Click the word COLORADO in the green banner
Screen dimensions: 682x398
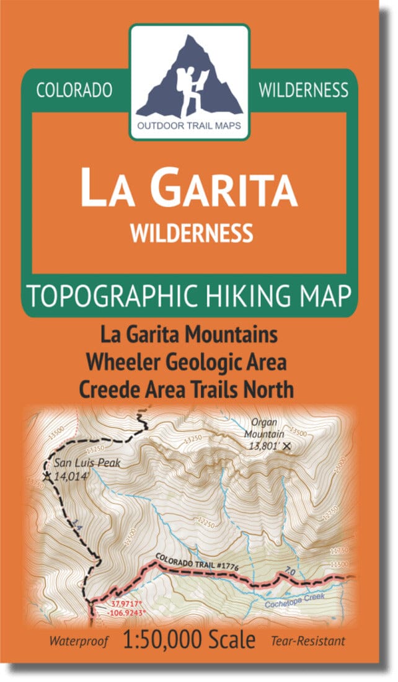tap(74, 90)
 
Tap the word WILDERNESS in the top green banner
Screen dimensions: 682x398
tap(303, 90)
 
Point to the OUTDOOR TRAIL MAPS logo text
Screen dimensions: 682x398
tap(189, 131)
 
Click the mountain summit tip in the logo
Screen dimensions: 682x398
tap(187, 38)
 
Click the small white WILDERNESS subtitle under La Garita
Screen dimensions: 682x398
tap(191, 232)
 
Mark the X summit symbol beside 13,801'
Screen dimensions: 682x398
tap(286, 445)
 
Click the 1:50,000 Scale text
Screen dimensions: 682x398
tap(189, 640)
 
